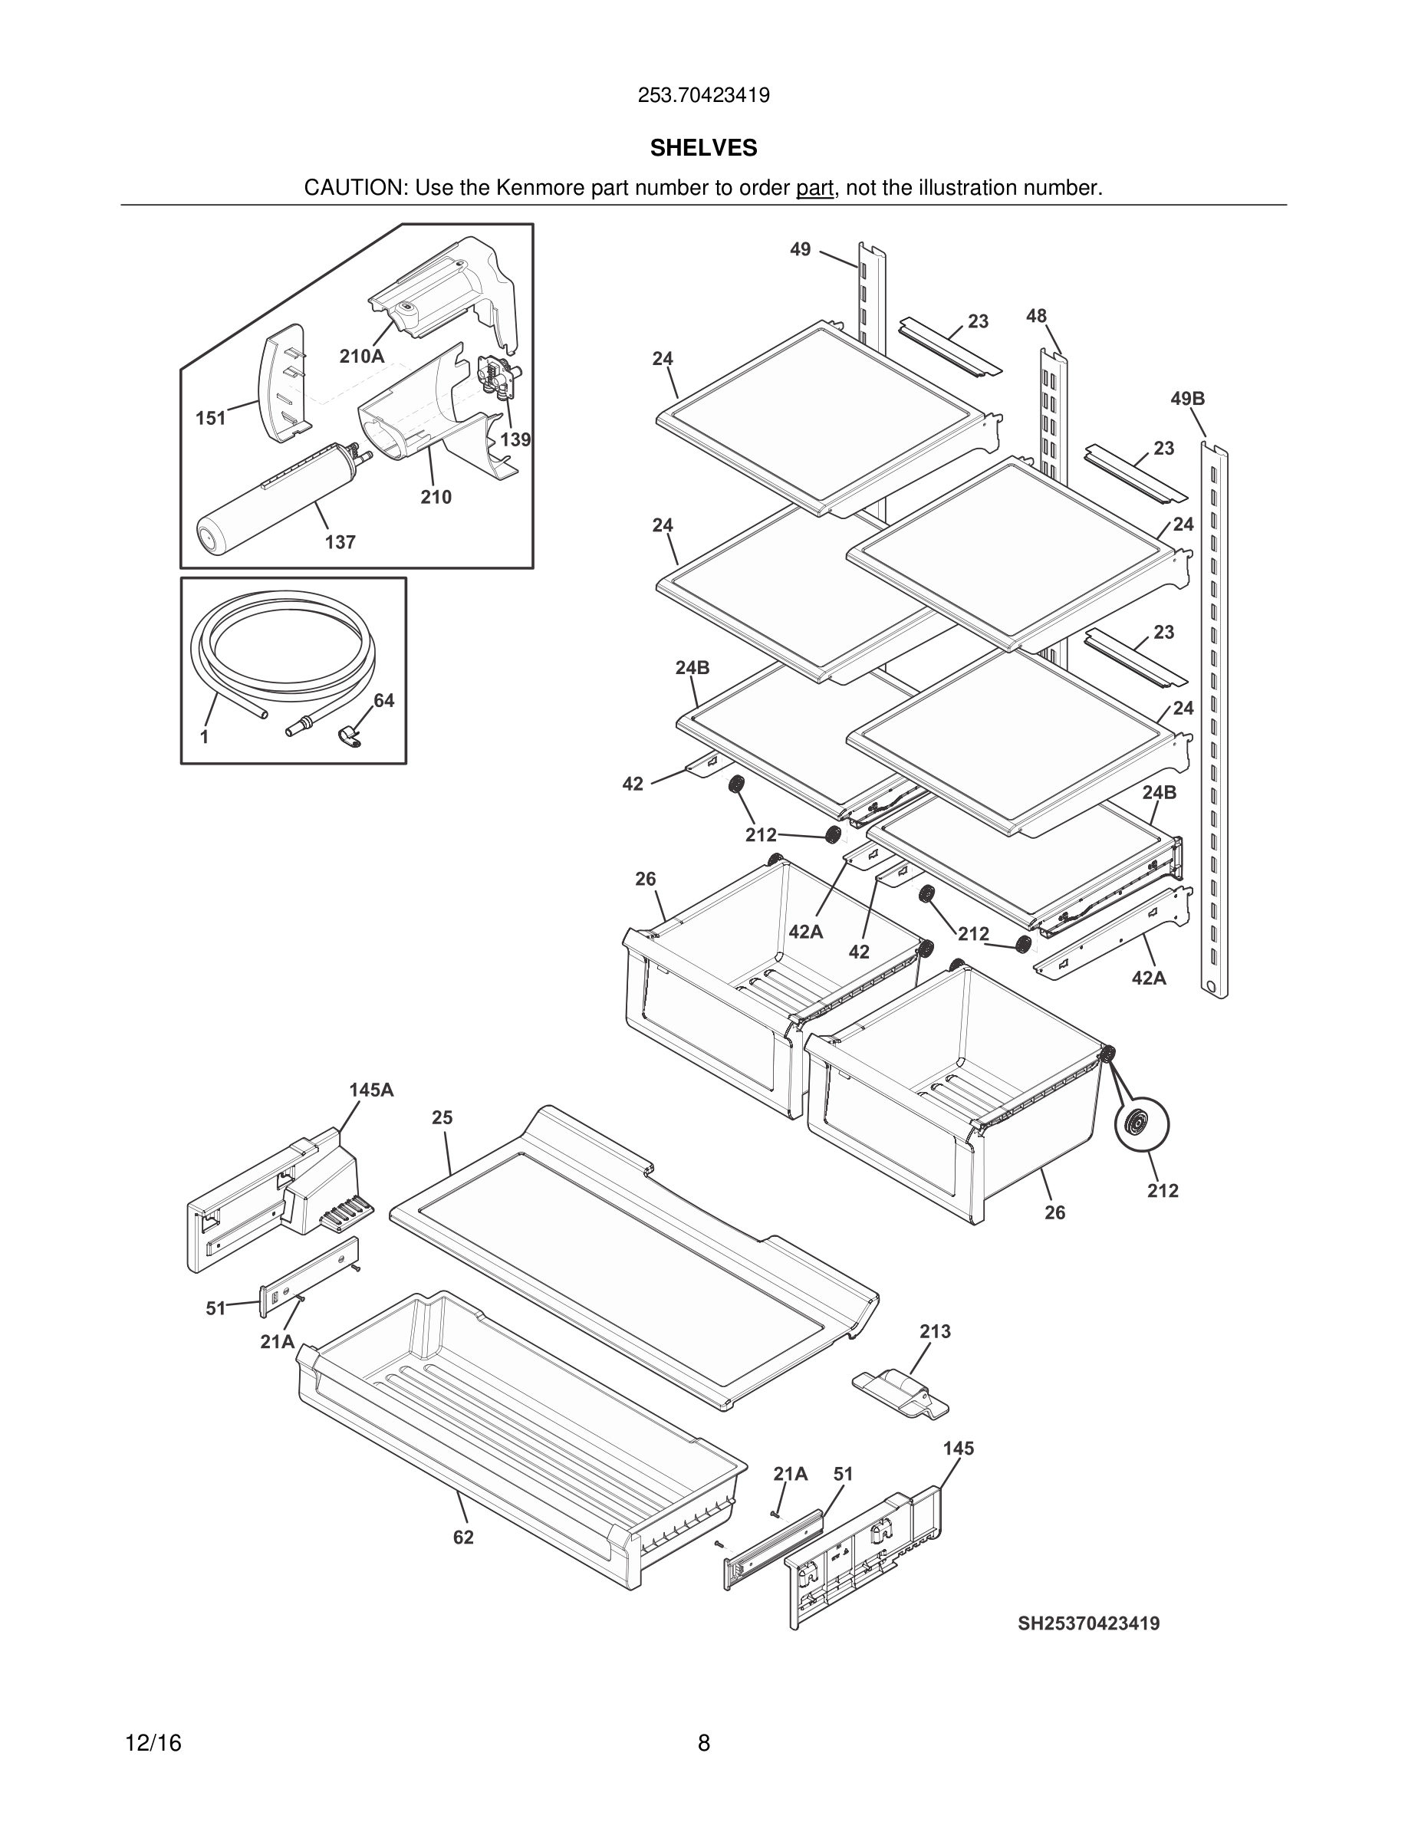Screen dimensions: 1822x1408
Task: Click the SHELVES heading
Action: coord(703,148)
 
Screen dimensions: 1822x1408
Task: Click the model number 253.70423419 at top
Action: coord(703,95)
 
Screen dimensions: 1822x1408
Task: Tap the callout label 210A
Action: coord(361,357)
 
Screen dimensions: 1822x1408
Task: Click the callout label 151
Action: coord(211,418)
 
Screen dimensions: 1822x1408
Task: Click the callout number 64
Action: coord(383,701)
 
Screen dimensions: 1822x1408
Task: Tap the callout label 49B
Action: coord(1187,399)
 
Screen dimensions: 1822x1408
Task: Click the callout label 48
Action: coord(1036,315)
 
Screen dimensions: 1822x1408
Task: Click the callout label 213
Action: coord(935,1331)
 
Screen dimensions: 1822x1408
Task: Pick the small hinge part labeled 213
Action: coord(900,1393)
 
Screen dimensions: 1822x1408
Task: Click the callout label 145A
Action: coord(371,1090)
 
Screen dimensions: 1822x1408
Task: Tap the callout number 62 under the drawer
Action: coord(463,1538)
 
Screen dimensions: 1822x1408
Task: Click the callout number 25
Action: coord(442,1118)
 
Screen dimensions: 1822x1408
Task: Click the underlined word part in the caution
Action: coord(814,188)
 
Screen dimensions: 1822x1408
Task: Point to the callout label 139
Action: coord(515,439)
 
